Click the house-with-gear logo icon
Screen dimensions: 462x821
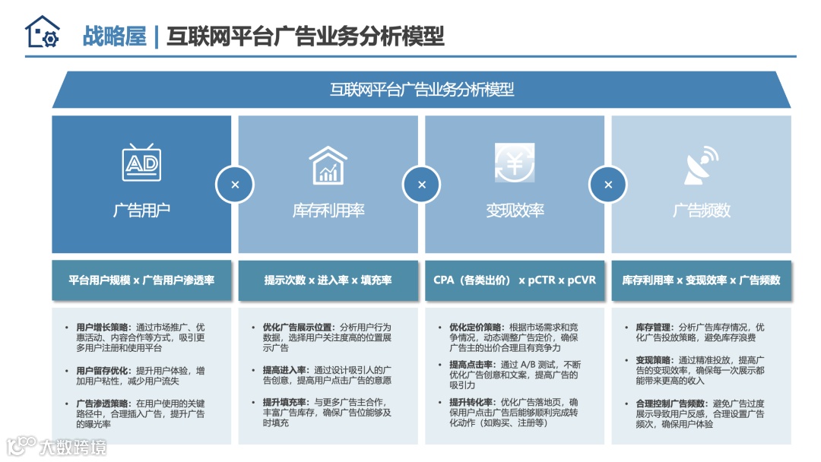click(x=42, y=33)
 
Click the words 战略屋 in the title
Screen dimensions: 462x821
click(x=114, y=36)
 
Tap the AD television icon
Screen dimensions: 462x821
click(x=141, y=163)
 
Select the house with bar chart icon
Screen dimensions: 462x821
click(x=328, y=165)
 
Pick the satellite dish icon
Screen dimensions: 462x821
click(x=701, y=165)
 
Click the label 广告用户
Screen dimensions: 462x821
click(x=141, y=210)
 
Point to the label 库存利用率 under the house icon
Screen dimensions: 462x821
click(x=328, y=210)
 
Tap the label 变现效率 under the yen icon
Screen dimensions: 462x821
click(x=515, y=210)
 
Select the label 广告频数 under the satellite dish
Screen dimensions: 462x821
click(x=701, y=210)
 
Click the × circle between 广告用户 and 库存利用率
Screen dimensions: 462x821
click(x=235, y=185)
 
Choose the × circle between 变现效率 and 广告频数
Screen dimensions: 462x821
click(x=608, y=185)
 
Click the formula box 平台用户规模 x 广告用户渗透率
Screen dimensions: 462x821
click(x=141, y=280)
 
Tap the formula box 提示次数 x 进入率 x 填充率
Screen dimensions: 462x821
click(x=328, y=280)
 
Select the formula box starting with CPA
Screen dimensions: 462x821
click(x=515, y=280)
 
